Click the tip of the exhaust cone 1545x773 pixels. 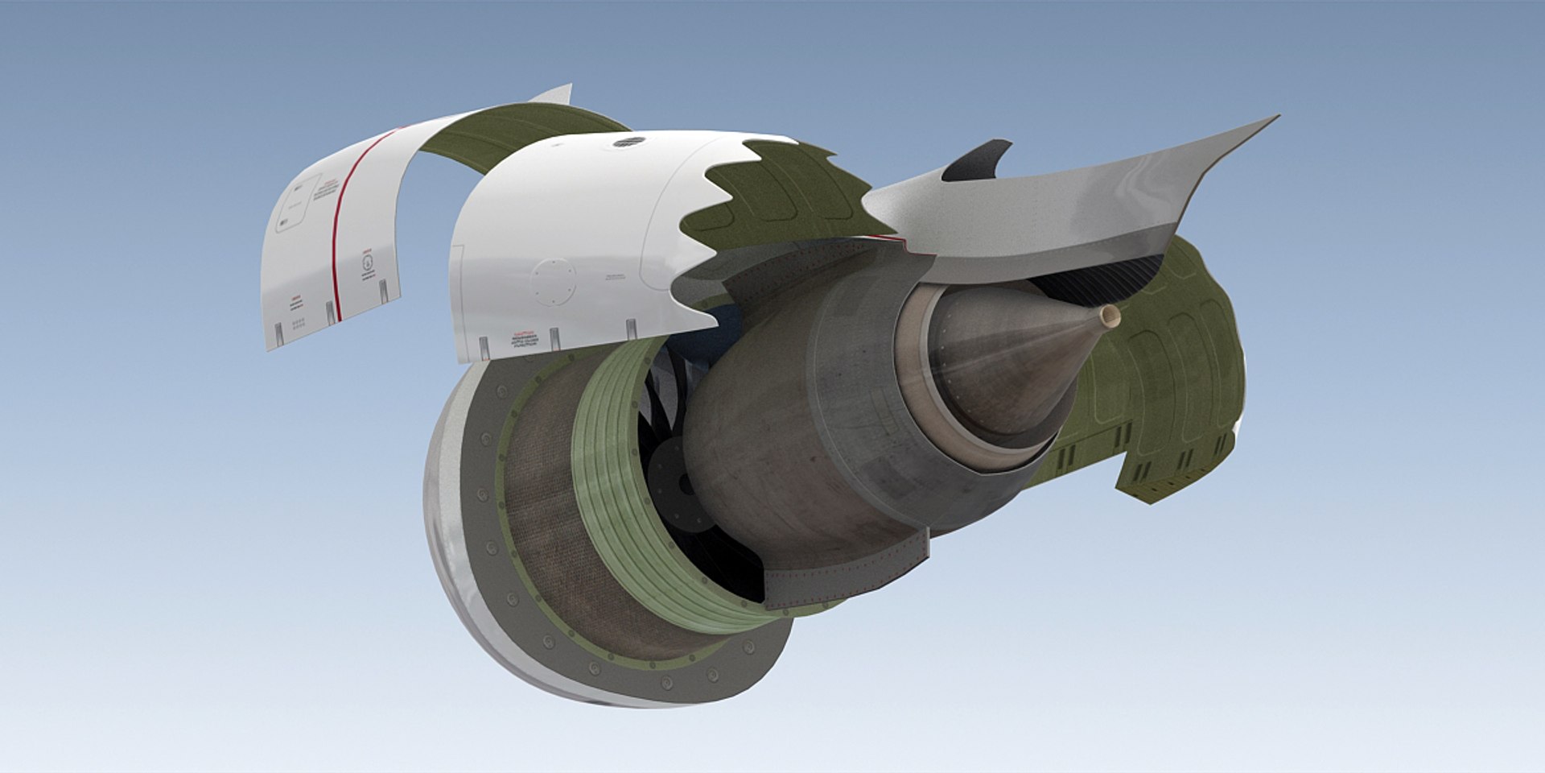coord(1111,316)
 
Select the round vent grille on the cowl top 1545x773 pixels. coord(629,143)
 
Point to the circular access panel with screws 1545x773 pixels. coord(554,282)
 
